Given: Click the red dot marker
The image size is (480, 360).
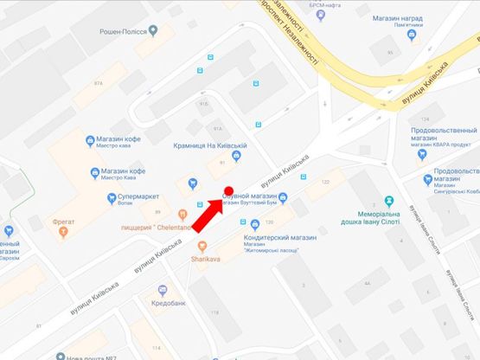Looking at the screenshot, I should click(229, 191).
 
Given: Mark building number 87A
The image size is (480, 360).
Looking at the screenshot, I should click(98, 82).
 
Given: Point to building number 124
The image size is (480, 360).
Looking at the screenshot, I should click(424, 119).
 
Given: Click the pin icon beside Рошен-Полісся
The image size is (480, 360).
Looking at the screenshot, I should click(153, 30).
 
